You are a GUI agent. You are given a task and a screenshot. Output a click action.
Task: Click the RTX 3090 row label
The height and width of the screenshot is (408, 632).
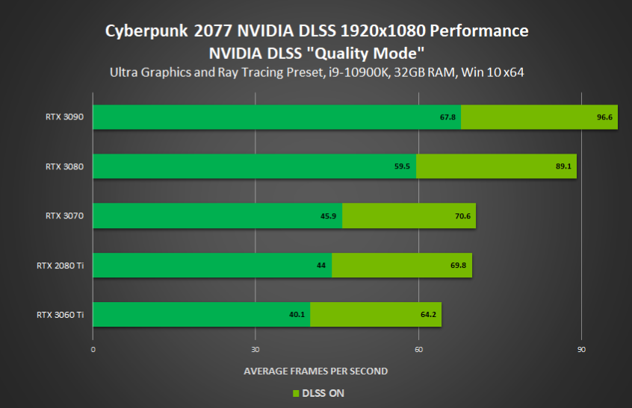tap(64, 117)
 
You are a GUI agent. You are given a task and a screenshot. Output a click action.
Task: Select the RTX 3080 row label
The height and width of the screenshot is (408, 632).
tap(64, 166)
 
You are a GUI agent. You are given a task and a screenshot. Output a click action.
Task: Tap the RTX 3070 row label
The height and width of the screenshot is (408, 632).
tap(64, 216)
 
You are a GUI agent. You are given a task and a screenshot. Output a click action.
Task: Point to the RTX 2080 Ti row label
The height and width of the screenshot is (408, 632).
tap(60, 265)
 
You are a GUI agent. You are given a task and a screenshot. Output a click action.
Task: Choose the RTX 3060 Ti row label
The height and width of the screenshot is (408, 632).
tap(60, 315)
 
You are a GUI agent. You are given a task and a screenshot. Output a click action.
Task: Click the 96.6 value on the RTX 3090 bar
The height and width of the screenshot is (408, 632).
tap(604, 117)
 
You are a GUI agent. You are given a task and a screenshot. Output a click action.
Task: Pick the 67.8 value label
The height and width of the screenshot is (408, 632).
tap(448, 117)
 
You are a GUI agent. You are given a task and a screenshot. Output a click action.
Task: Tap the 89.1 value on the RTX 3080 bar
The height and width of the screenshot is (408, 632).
tap(563, 166)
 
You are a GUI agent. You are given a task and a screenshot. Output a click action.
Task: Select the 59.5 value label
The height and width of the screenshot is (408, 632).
tap(403, 166)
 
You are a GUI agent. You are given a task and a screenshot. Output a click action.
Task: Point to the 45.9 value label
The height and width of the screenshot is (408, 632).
tap(329, 216)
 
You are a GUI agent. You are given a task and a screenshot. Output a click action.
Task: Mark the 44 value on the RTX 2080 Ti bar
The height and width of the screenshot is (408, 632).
tap(321, 266)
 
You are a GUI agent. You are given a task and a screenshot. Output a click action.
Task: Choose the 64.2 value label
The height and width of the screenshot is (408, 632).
tap(428, 315)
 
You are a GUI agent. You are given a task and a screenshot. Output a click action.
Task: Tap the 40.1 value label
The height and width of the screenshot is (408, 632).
tap(297, 315)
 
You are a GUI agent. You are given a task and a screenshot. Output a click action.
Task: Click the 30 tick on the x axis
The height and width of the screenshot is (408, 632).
tap(255, 350)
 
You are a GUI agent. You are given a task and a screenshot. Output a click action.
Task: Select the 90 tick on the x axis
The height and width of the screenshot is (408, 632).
tap(581, 350)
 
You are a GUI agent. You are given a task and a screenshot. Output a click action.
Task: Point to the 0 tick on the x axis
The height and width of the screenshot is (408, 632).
tap(93, 350)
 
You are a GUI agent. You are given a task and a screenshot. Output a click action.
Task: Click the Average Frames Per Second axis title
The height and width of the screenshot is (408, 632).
tap(316, 371)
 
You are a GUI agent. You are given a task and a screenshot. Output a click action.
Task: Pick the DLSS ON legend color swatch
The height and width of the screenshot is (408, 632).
tap(295, 393)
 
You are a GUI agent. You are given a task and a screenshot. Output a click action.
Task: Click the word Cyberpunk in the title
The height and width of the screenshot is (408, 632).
tap(146, 31)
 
